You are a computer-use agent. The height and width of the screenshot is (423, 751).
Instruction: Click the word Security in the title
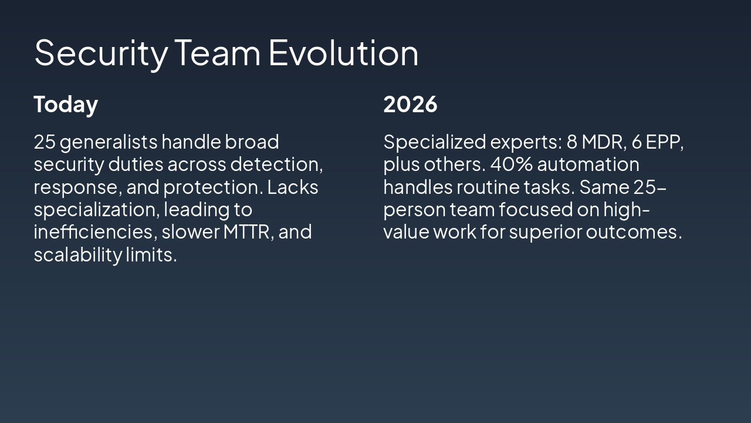pos(100,53)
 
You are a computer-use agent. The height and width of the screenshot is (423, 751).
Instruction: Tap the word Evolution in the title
pos(343,53)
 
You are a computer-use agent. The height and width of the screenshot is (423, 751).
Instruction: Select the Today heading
pos(66,105)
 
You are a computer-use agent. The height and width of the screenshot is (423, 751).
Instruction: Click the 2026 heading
pos(410,105)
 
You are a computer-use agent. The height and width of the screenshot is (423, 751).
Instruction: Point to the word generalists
pos(109,142)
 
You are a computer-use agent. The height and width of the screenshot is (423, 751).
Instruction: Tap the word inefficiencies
pos(94,232)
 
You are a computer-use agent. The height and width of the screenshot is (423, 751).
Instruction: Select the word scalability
pos(77,255)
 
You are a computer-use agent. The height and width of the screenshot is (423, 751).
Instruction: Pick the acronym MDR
pos(603,142)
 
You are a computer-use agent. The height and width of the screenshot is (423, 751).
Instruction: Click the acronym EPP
pos(665,142)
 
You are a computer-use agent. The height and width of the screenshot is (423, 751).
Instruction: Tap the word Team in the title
pos(218,53)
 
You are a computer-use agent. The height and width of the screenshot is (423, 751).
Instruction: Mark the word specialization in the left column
pos(96,210)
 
